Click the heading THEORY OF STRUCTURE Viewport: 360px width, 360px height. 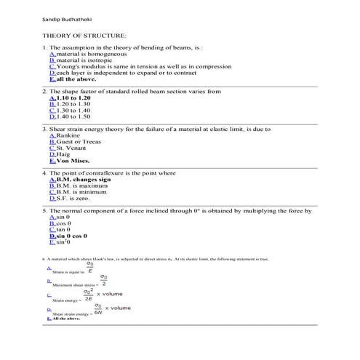point(84,35)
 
